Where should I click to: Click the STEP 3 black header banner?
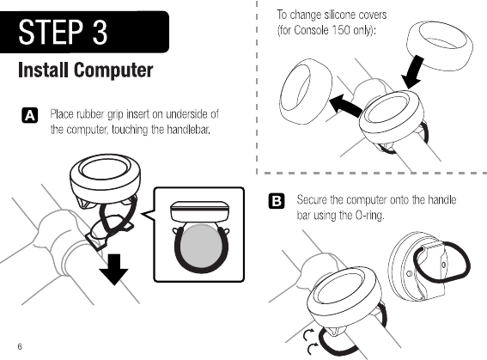pos(84,32)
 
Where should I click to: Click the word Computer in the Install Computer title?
pos(113,70)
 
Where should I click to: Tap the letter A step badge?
pos(30,115)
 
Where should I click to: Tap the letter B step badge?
pos(276,201)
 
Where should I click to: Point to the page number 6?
pos(20,346)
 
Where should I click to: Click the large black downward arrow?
pos(113,269)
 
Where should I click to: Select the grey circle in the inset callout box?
pos(201,246)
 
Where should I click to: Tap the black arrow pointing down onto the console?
pos(411,72)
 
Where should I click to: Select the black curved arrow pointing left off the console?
pos(345,106)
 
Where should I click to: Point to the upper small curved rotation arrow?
pos(308,335)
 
